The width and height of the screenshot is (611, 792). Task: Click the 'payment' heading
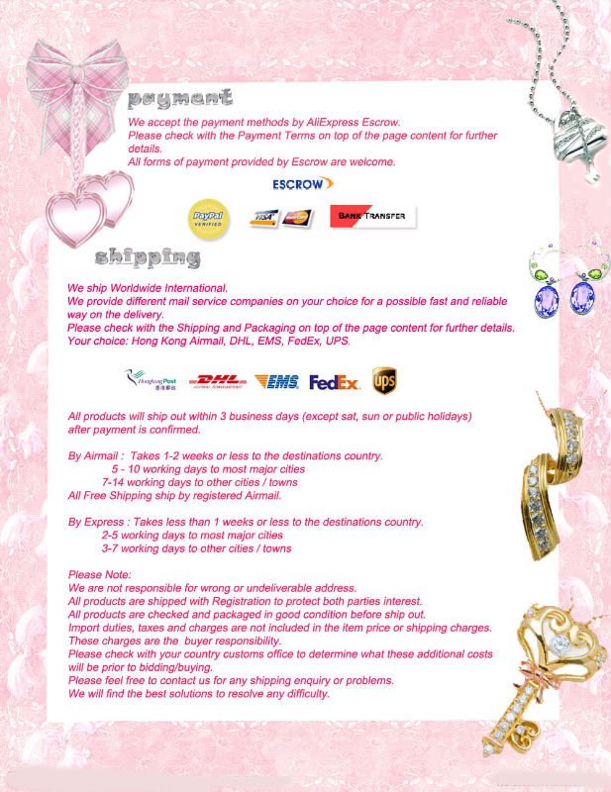coord(180,99)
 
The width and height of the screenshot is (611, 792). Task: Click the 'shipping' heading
coord(148,259)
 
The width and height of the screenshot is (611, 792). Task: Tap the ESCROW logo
coord(302,184)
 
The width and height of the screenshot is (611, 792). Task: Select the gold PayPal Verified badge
coord(208,217)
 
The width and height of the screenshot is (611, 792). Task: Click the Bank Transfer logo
coord(372,217)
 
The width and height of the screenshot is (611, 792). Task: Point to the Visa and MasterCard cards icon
coord(280,217)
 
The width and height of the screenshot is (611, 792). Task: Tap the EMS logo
coord(276,381)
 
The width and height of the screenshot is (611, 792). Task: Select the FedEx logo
coord(334,381)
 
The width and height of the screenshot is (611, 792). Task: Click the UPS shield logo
coord(384,380)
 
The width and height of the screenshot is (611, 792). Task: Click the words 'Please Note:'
coord(99,575)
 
